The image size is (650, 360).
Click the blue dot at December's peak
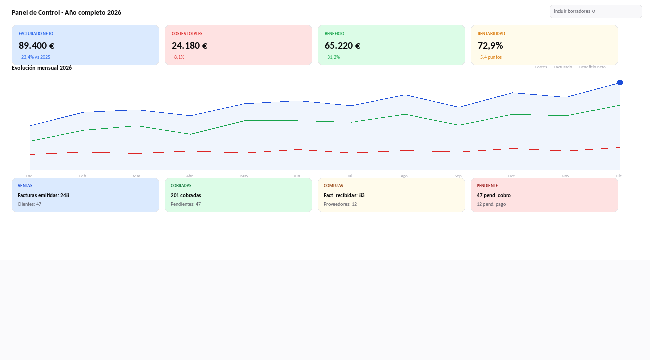pos(620,83)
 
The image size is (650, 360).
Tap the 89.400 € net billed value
pos(36,46)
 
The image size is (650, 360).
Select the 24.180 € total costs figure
pos(189,46)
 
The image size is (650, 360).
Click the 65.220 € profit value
pos(342,46)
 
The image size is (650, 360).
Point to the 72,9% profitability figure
pos(490,46)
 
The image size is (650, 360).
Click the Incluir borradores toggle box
pos(596,11)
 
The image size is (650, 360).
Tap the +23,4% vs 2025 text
pos(34,57)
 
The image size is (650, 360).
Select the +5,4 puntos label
pos(490,57)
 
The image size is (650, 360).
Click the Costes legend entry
pos(539,67)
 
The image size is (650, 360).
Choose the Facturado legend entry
pos(561,67)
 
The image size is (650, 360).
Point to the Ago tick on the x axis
pos(404,176)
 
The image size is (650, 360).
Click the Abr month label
pos(189,176)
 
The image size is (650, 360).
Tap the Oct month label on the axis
pos(511,176)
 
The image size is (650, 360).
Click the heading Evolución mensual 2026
pos(42,68)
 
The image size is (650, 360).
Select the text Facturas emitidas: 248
pos(43,195)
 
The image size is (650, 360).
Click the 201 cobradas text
pos(186,195)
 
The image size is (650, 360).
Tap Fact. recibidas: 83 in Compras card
pos(344,195)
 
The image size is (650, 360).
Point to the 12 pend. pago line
pos(491,204)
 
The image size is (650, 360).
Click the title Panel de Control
pos(36,13)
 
